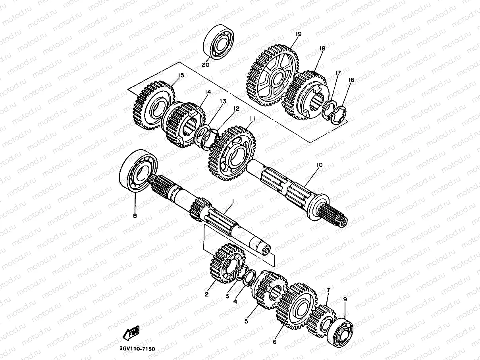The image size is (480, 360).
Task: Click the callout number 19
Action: point(299,34)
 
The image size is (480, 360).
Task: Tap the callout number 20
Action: point(205,65)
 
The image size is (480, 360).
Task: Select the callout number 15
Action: point(181,75)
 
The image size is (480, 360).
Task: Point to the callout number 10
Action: point(319,164)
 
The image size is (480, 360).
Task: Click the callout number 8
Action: point(135,216)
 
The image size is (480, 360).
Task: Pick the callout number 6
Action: point(274,341)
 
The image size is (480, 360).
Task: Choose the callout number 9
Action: point(345,299)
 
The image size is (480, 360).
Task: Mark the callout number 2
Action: point(207,294)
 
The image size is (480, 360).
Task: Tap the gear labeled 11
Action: point(232,153)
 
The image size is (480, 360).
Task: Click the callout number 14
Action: point(207,92)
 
